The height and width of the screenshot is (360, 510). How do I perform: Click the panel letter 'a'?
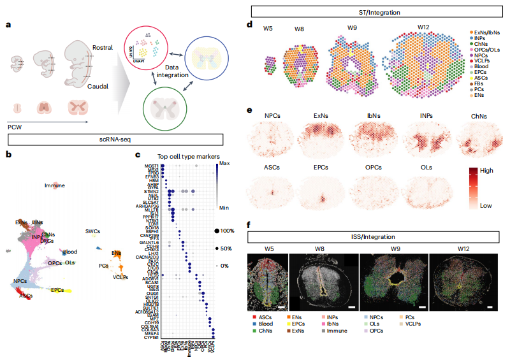pyautogui.click(x=8, y=25)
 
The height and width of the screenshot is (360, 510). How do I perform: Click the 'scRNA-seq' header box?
pyautogui.click(x=115, y=138)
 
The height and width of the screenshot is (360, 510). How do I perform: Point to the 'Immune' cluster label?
pyautogui.click(x=54, y=186)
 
